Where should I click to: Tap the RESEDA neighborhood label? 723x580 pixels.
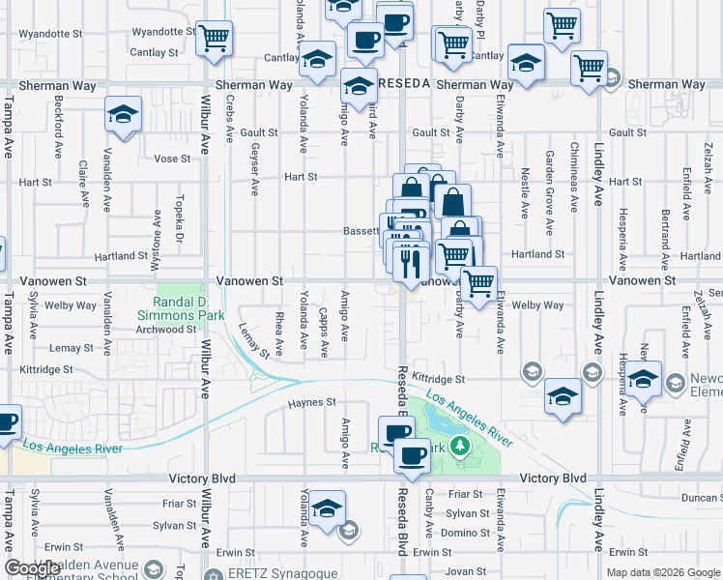tap(403, 84)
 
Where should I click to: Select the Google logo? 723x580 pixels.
tap(32, 568)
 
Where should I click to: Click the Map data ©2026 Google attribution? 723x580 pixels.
tap(663, 572)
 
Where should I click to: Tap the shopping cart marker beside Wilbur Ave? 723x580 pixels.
tap(215, 38)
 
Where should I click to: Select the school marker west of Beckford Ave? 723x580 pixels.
tap(124, 114)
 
